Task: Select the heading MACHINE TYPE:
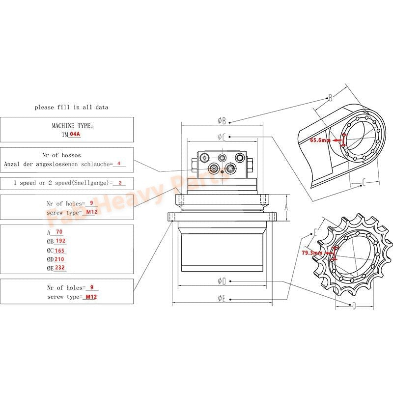tap(72, 126)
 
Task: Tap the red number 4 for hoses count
tap(119, 164)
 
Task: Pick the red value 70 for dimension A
tap(59, 232)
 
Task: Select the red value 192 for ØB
tap(60, 241)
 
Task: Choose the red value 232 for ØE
tap(60, 268)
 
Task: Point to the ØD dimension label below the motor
tap(222, 281)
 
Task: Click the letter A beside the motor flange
tap(286, 208)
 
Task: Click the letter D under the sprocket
tap(354, 306)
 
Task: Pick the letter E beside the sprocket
tap(315, 231)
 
